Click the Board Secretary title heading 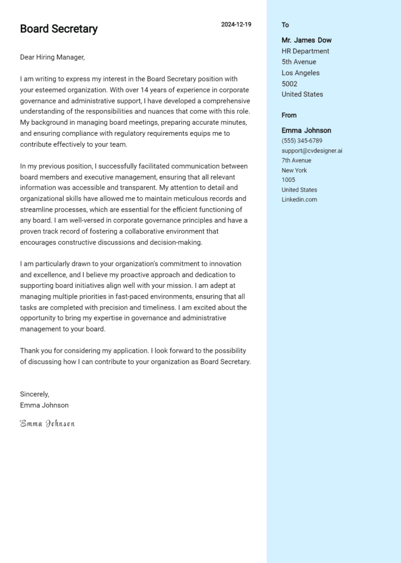tap(58, 29)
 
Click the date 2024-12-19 tap(236, 25)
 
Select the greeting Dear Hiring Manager tap(52, 57)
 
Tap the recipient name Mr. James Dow tap(306, 40)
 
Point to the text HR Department tap(305, 51)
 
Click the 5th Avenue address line tap(299, 62)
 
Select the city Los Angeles tap(300, 73)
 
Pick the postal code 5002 tap(289, 84)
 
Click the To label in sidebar tap(285, 25)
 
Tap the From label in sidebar tap(289, 115)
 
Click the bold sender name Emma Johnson tap(306, 131)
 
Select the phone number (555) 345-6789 tap(302, 141)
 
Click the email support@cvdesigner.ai tap(312, 151)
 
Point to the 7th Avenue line tap(296, 160)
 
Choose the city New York tap(294, 170)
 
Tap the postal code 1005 tap(288, 180)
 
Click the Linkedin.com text tap(299, 200)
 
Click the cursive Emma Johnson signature tap(48, 424)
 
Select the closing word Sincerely tap(34, 394)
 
